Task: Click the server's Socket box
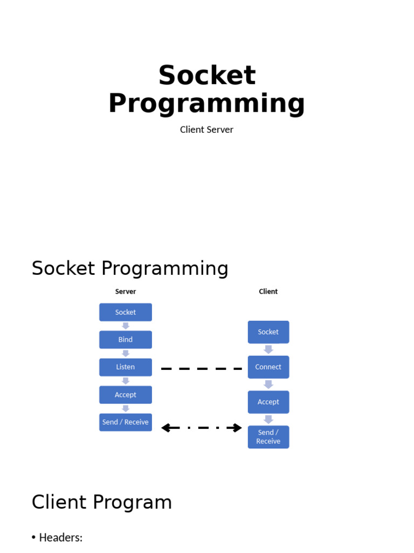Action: [126, 312]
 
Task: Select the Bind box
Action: [126, 340]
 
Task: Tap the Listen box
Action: [126, 367]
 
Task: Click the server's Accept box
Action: [126, 395]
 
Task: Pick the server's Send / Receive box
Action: [126, 422]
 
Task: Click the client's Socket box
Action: [268, 332]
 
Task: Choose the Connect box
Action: [268, 367]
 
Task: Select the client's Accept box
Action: [268, 402]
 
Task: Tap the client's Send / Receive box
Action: [268, 437]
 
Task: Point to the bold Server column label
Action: [126, 292]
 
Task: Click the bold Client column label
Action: [268, 292]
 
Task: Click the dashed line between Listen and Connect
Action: [202, 368]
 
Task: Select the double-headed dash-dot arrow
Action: [202, 428]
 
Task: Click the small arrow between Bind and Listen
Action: [126, 354]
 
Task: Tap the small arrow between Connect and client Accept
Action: [268, 385]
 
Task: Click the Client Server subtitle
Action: [206, 130]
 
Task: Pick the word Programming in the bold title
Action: [206, 103]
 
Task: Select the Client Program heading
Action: [102, 502]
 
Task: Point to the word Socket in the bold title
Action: [207, 75]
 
